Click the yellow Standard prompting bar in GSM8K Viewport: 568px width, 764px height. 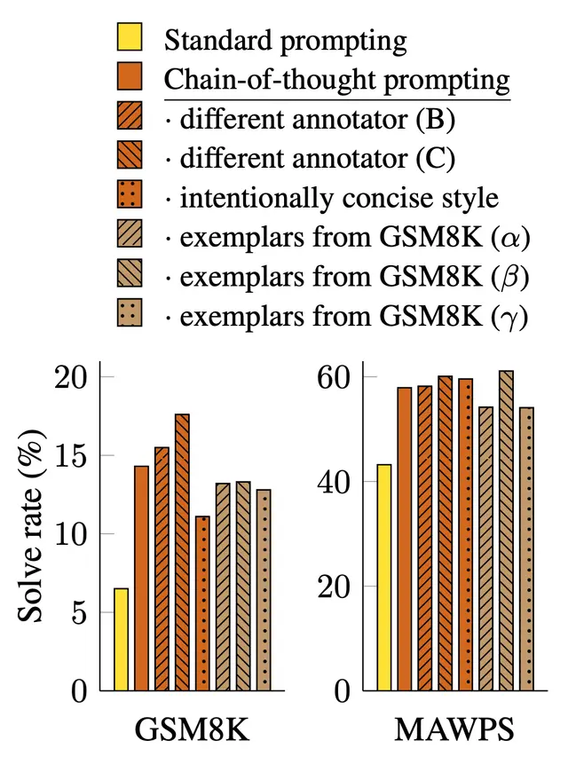click(x=121, y=639)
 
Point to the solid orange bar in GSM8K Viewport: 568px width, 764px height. click(x=141, y=578)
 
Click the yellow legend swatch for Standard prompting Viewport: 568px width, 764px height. click(x=129, y=40)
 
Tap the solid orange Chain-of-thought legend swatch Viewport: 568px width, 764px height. click(x=129, y=79)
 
